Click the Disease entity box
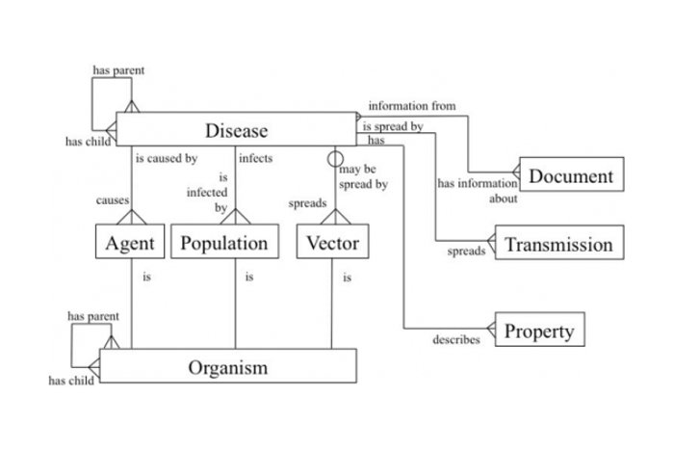pos(236,130)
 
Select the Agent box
pos(130,243)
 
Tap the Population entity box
pos(224,243)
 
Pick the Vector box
pos(332,243)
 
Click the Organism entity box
pos(228,366)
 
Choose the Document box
pos(570,175)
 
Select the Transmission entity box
pos(558,244)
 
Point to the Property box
pos(539,331)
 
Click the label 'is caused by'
pos(166,158)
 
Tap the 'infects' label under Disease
pos(255,158)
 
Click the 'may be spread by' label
pos(363,176)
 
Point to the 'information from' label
pos(411,106)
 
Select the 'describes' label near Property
pos(455,339)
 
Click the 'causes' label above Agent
pos(113,200)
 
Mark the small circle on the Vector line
pos(334,158)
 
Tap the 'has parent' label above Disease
pos(118,70)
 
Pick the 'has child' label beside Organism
pos(69,381)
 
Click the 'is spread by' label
pos(392,126)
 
